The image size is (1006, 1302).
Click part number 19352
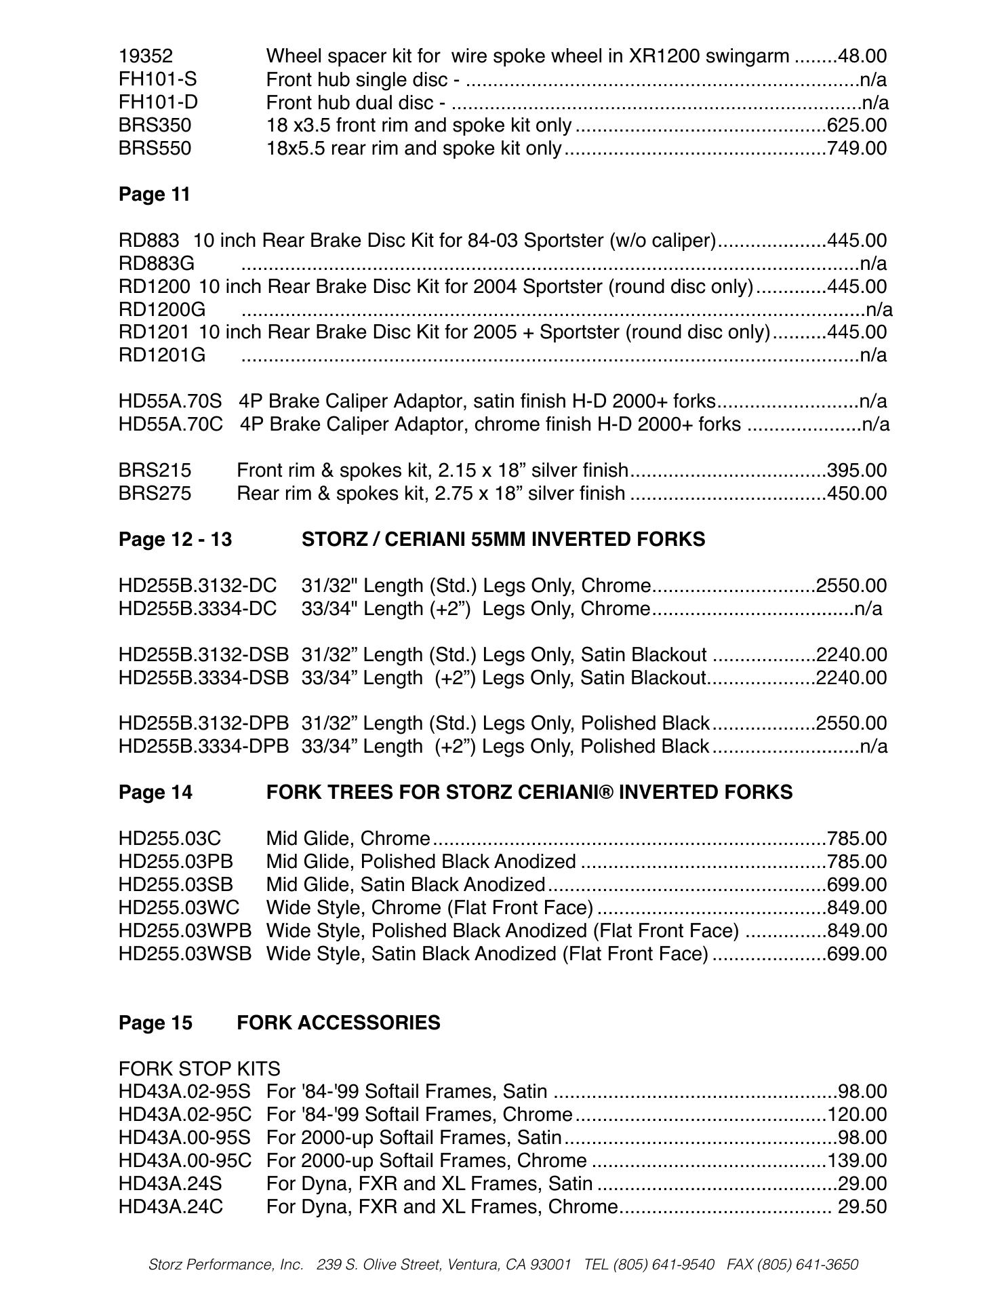click(x=146, y=56)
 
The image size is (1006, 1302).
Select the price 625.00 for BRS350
click(x=857, y=125)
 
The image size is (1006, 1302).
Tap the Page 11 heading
click(x=155, y=195)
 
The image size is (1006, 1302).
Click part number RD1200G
click(x=162, y=310)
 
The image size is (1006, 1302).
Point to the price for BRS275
click(x=857, y=494)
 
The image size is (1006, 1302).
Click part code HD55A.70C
click(x=171, y=425)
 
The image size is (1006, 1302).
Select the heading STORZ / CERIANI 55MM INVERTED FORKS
click(x=503, y=540)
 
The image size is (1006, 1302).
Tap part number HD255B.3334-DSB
click(x=203, y=677)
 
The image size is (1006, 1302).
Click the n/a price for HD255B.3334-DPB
click(x=874, y=747)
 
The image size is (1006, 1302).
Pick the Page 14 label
click(x=155, y=793)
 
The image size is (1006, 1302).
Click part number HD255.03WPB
click(x=185, y=931)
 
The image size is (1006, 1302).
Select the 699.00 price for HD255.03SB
click(x=857, y=885)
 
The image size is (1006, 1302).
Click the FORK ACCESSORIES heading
click(x=338, y=1023)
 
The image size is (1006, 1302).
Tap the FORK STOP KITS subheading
click(x=199, y=1069)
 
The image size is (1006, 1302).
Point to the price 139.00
click(x=857, y=1161)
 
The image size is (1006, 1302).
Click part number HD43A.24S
click(x=170, y=1184)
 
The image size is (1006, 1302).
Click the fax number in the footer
click(x=807, y=1265)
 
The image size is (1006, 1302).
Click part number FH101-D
click(x=158, y=102)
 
